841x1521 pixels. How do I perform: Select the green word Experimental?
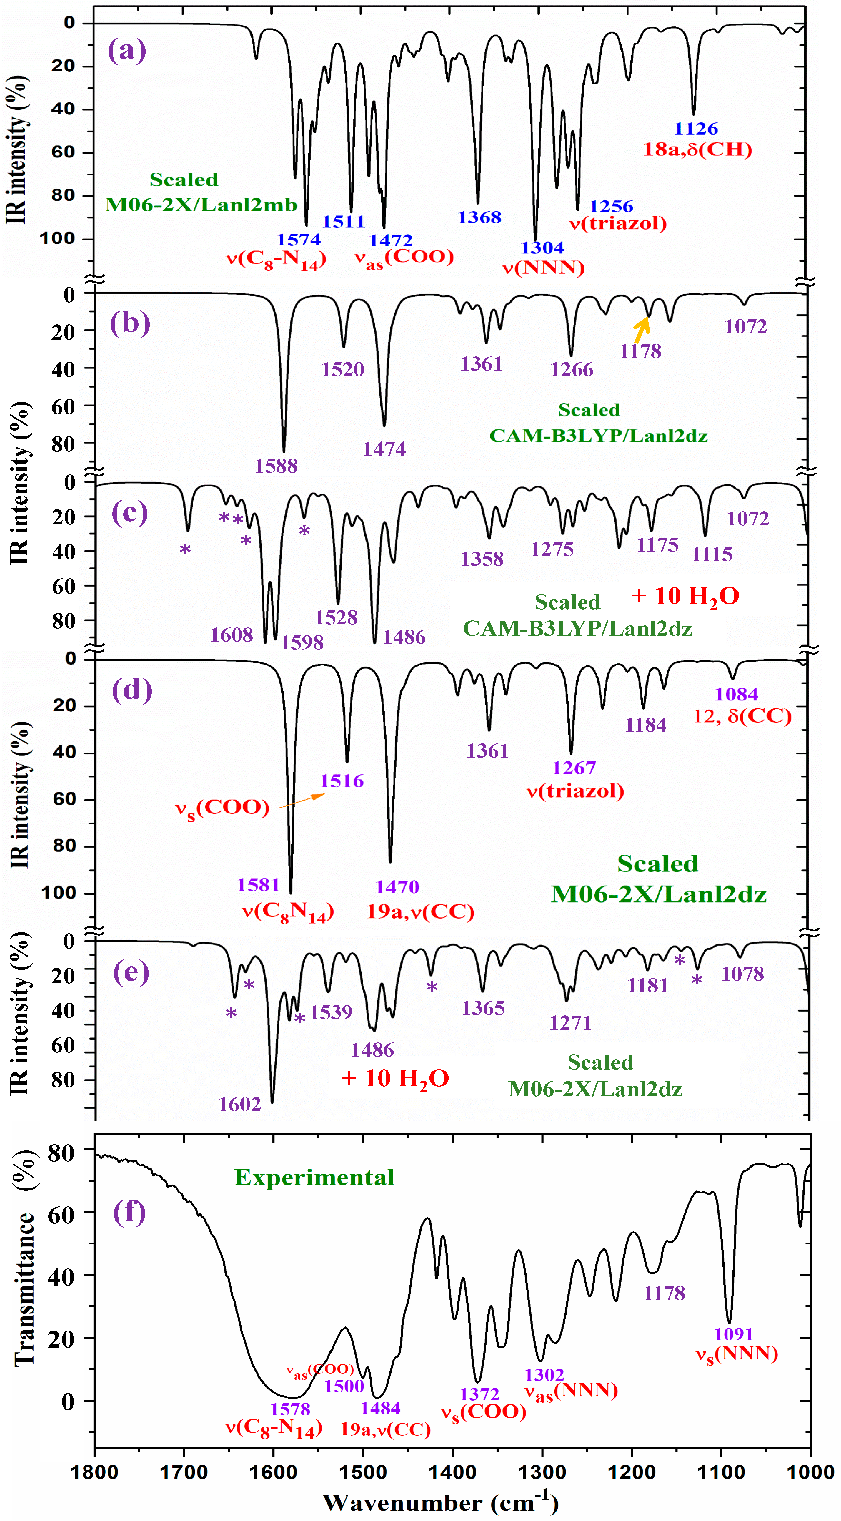314,1177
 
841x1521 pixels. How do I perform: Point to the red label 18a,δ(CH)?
697,150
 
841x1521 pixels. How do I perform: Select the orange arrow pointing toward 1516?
302,800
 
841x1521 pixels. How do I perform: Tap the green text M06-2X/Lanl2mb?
201,205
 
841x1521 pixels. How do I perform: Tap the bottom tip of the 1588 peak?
284,452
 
